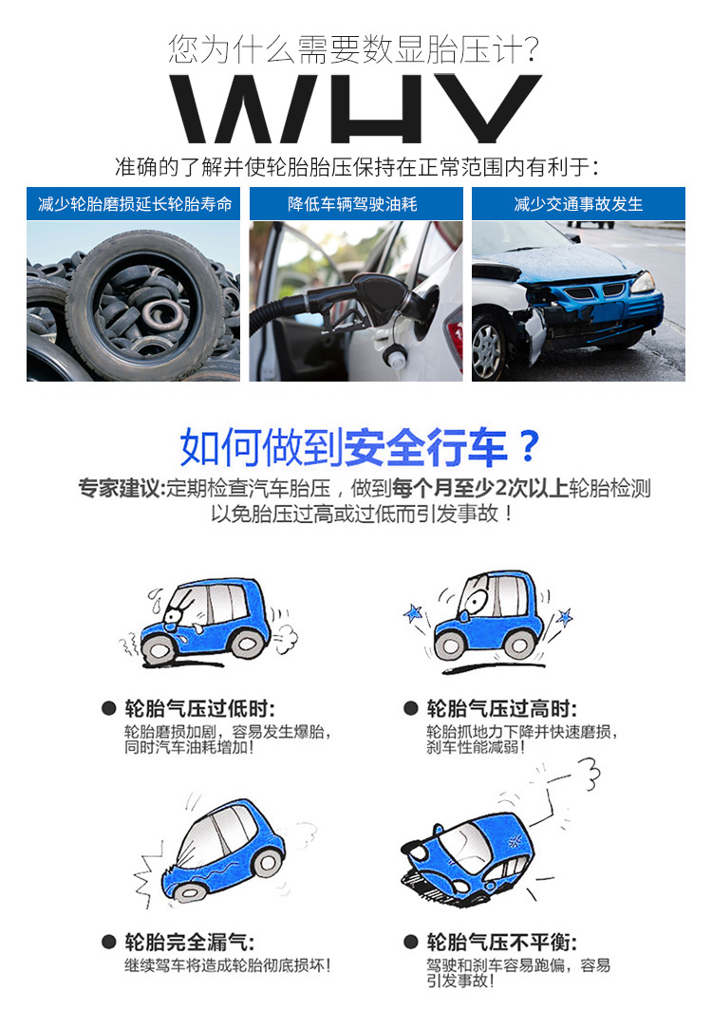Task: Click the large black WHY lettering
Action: coord(355,109)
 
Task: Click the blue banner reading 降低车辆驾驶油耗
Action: coord(356,204)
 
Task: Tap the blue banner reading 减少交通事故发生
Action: coord(578,204)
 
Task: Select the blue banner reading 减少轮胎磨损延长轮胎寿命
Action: coord(133,204)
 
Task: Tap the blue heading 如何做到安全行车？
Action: coord(360,447)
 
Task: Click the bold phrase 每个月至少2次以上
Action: coord(479,488)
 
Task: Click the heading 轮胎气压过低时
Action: coord(199,709)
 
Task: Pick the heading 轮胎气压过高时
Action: coord(501,709)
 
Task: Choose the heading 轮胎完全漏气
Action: coord(189,943)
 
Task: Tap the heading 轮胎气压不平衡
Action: coord(501,943)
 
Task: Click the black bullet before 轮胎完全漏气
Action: coord(109,943)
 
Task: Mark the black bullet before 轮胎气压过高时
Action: coord(411,709)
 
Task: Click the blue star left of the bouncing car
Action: coord(413,613)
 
